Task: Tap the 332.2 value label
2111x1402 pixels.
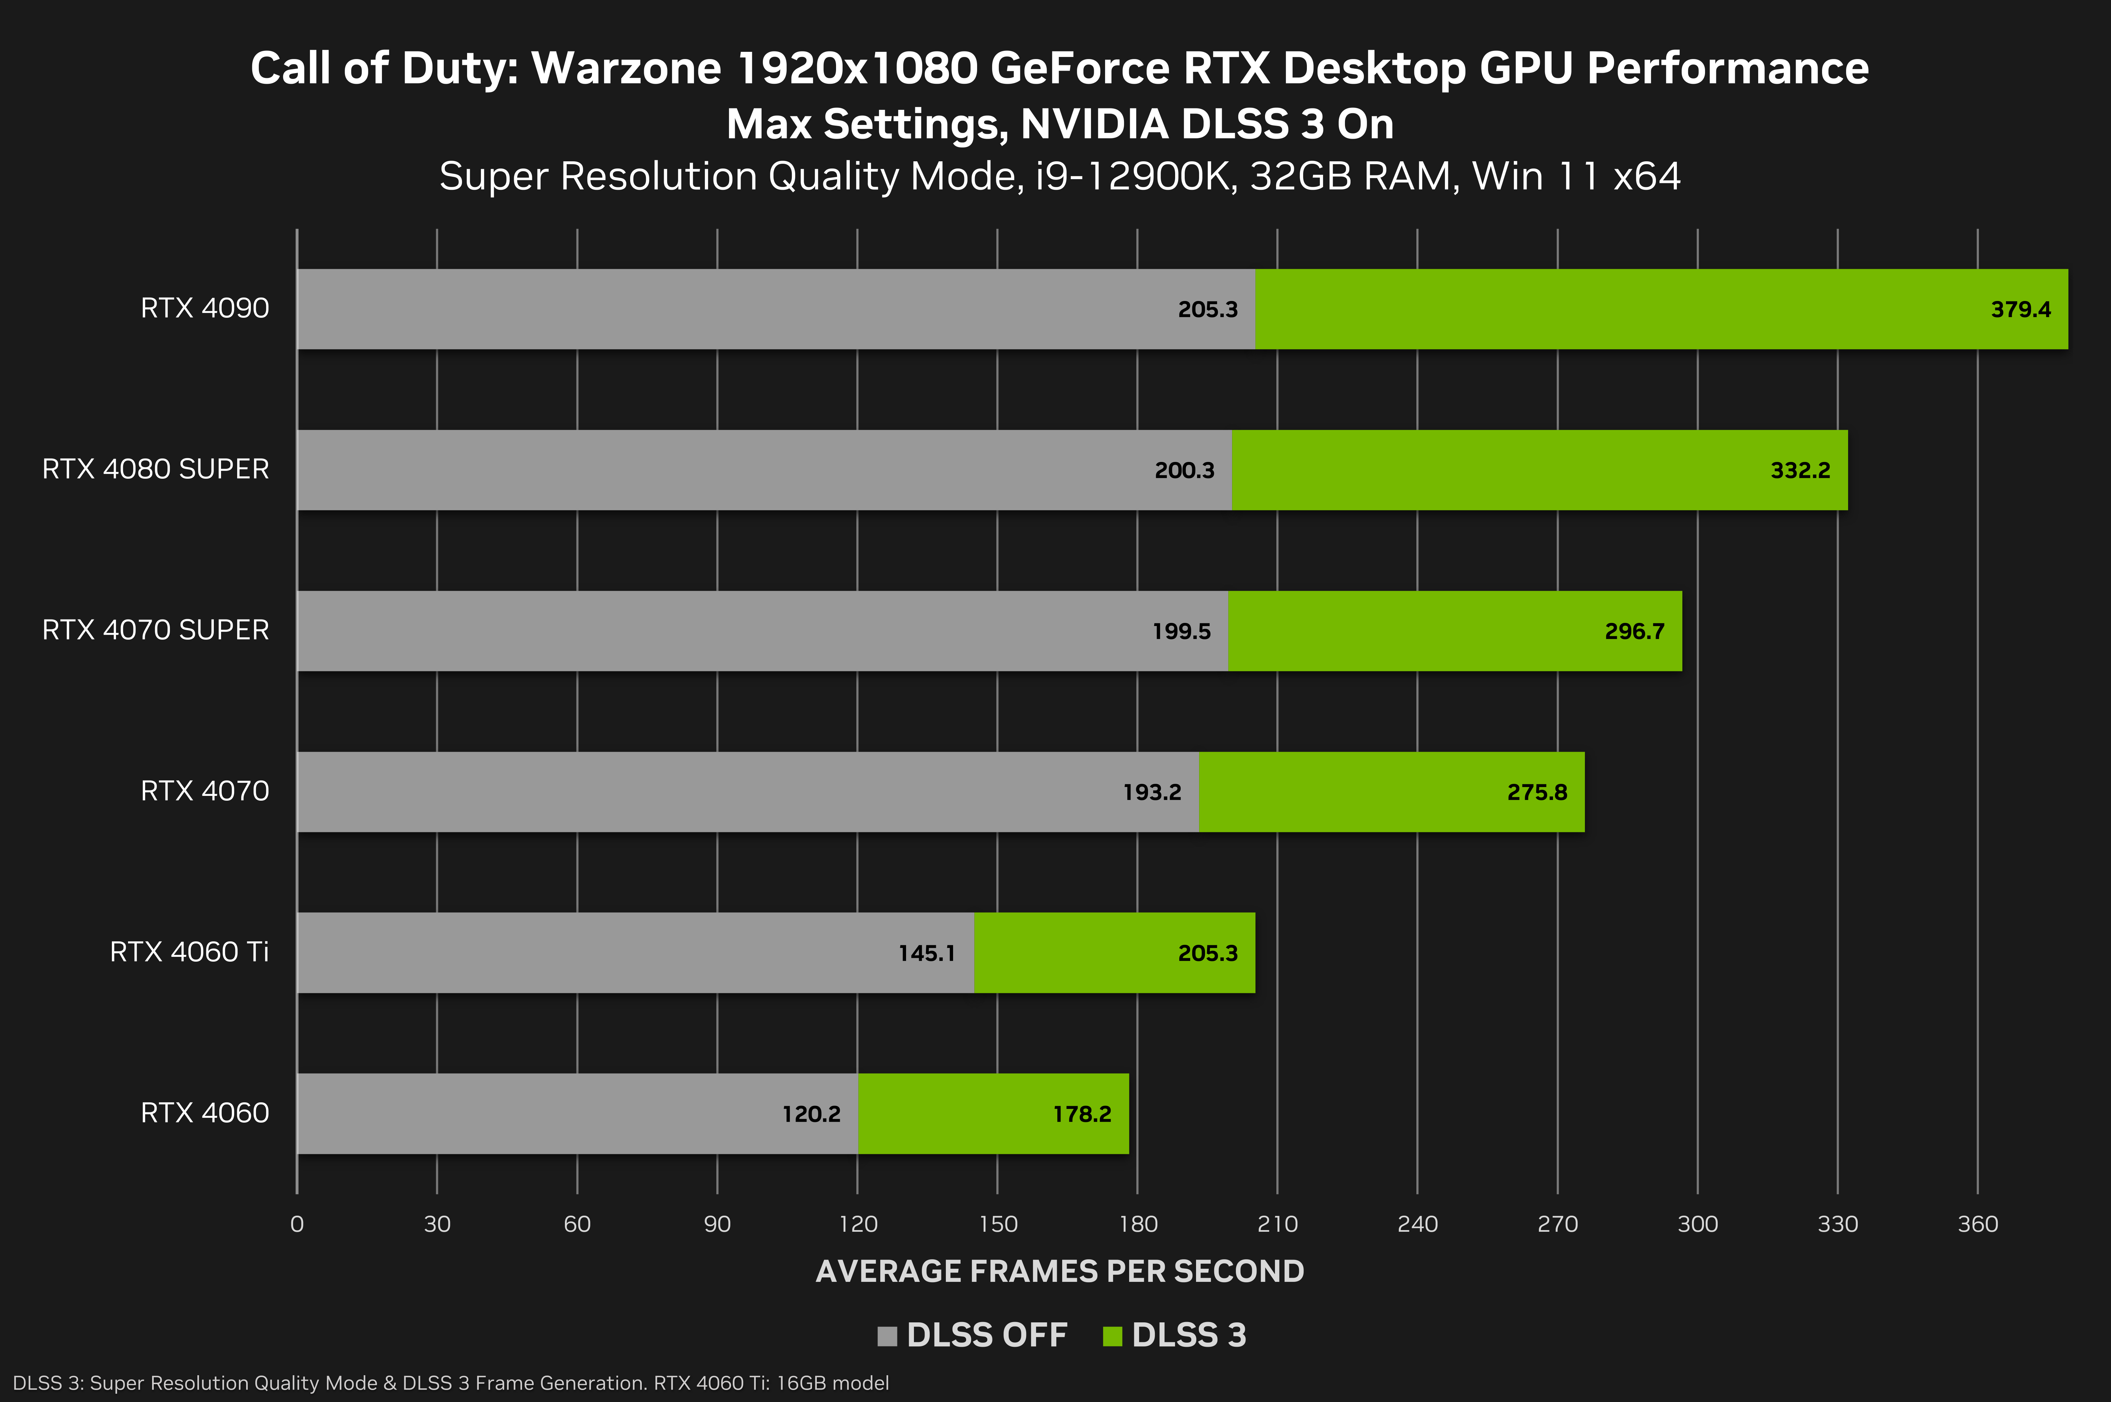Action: click(1800, 470)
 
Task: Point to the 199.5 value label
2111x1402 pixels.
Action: click(1181, 631)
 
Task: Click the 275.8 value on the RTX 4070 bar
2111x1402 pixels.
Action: click(1537, 792)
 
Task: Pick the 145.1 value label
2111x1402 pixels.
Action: click(926, 953)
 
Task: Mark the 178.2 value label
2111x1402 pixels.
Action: click(1082, 1114)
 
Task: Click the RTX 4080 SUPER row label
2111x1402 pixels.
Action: click(155, 470)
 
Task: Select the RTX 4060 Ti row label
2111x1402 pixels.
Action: click(189, 952)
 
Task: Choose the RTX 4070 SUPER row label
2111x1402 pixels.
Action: click(155, 630)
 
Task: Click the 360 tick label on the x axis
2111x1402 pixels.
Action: click(1977, 1224)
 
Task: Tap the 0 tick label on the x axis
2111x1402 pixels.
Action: click(297, 1224)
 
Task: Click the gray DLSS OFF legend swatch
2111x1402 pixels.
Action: click(887, 1336)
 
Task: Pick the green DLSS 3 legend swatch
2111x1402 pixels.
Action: click(1112, 1336)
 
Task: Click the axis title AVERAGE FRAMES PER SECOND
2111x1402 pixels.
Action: click(1059, 1272)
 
